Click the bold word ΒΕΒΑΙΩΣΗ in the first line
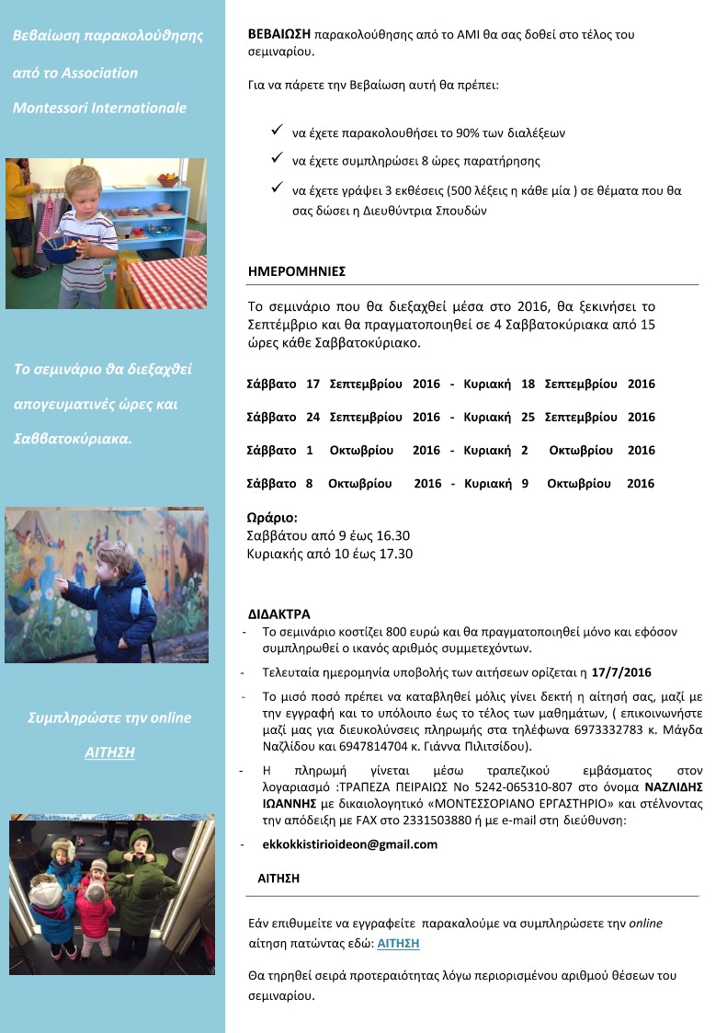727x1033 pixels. (x=279, y=33)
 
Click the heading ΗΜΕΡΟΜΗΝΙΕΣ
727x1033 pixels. (x=296, y=272)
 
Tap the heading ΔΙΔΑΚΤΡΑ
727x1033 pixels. (x=279, y=614)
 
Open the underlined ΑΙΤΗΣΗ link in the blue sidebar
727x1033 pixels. (x=109, y=752)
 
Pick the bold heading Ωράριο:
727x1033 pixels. (x=273, y=518)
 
